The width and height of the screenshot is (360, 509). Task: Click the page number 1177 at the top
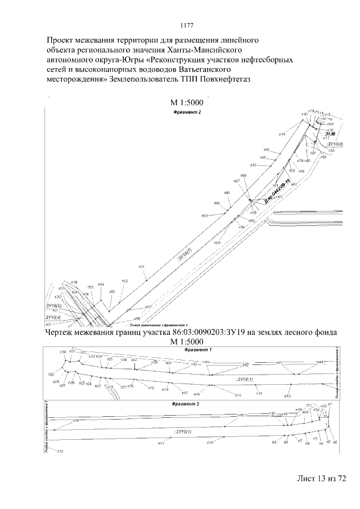point(187,25)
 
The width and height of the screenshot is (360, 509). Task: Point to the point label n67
point(237,181)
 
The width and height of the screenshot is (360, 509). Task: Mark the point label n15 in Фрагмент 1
point(238,395)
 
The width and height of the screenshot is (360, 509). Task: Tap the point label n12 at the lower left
point(60,452)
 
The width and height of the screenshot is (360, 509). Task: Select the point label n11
point(160,444)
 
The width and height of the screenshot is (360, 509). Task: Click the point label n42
point(246,365)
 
